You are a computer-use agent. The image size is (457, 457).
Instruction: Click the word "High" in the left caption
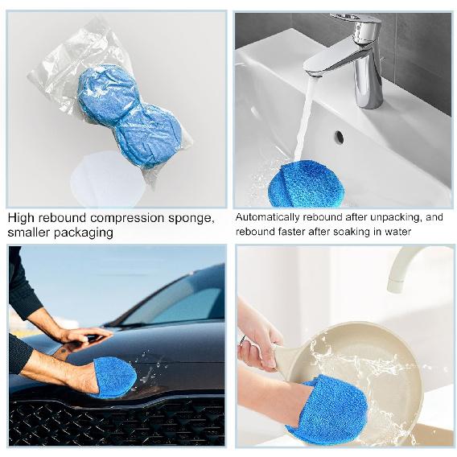point(22,218)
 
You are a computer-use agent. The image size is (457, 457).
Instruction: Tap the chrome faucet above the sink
point(358,56)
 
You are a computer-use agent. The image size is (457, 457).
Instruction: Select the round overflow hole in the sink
point(338,137)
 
